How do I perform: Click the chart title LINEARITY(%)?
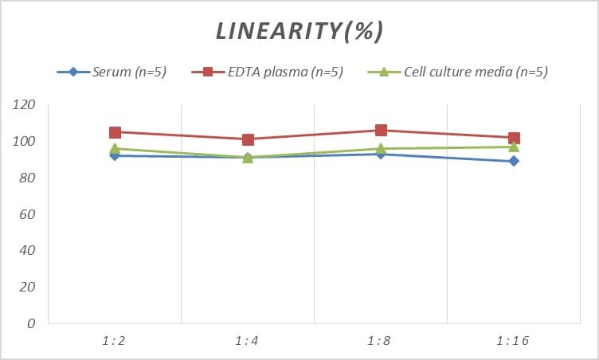pyautogui.click(x=299, y=31)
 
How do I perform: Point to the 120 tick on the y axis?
pyautogui.click(x=24, y=105)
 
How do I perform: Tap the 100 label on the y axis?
pyautogui.click(x=24, y=142)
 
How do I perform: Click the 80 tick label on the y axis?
pyautogui.click(x=27, y=178)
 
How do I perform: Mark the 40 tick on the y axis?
pyautogui.click(x=27, y=251)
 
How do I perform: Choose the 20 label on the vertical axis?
pyautogui.click(x=27, y=288)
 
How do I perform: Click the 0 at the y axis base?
pyautogui.click(x=31, y=324)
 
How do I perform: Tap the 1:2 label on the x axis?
pyautogui.click(x=115, y=341)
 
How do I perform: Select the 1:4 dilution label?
pyautogui.click(x=248, y=341)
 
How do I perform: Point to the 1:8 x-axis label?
pyautogui.click(x=381, y=341)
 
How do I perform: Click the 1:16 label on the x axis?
pyautogui.click(x=514, y=341)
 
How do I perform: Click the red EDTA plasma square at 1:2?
pyautogui.click(x=115, y=132)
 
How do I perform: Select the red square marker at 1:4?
pyautogui.click(x=248, y=139)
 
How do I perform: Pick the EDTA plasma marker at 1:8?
pyautogui.click(x=381, y=131)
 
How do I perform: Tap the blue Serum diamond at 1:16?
pyautogui.click(x=514, y=161)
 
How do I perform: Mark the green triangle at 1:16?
pyautogui.click(x=514, y=147)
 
